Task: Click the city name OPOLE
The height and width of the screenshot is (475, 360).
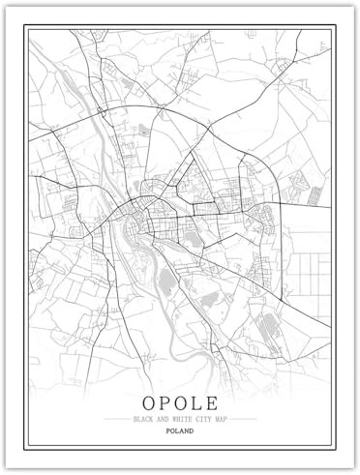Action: click(179, 401)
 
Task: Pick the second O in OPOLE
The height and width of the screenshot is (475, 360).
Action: click(181, 401)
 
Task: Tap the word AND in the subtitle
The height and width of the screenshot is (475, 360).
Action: click(161, 419)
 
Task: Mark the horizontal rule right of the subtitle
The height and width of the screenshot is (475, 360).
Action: click(244, 419)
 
